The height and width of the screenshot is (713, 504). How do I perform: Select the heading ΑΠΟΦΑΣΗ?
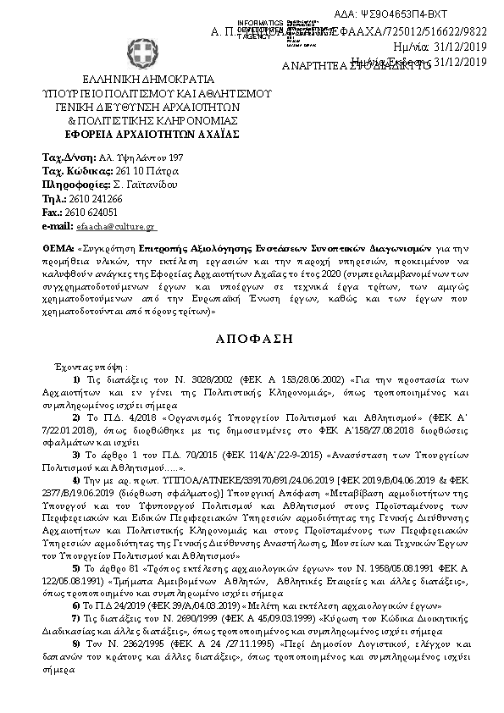[x=254, y=337]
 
